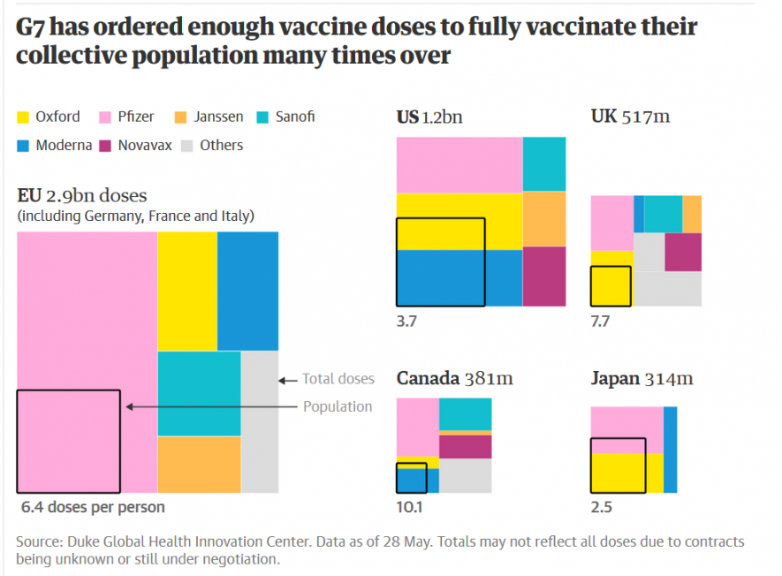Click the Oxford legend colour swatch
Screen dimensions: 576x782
coord(24,117)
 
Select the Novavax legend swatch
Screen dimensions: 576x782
coord(106,145)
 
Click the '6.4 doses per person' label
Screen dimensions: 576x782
coord(93,507)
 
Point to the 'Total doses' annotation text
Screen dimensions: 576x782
coord(338,379)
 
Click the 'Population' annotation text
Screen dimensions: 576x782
coord(338,406)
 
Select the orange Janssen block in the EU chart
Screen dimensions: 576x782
coord(199,464)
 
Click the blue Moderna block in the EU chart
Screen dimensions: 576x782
coord(247,291)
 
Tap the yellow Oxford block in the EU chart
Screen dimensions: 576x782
coord(187,291)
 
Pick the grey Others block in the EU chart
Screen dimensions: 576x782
coord(260,421)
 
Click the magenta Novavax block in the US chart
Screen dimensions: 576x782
coord(543,276)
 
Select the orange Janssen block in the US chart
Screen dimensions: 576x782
coord(543,218)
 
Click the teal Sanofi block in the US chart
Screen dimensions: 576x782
coord(543,164)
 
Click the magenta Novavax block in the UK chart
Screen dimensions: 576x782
coord(683,252)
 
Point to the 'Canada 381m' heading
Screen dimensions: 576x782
coord(454,379)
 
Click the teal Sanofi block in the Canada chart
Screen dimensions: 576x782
coord(465,414)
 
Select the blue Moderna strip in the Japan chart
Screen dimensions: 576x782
coord(671,450)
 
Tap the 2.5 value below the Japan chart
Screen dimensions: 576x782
coord(601,507)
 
